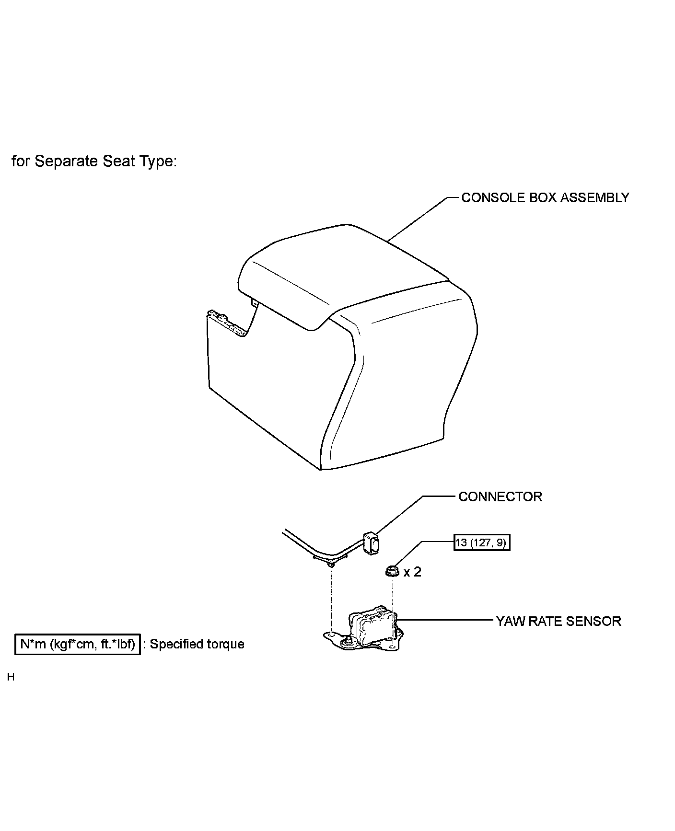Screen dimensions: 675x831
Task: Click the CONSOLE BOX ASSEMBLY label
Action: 545,198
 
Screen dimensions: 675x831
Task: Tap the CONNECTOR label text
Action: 500,496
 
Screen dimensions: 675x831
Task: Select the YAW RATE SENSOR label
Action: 558,621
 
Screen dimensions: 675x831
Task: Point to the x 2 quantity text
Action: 412,572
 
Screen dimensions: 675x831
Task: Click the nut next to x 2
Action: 392,571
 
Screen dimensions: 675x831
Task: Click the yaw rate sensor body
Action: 374,625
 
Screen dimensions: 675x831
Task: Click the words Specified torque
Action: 197,644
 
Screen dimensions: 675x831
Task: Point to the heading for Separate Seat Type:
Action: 94,162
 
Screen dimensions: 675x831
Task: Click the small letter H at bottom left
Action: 11,677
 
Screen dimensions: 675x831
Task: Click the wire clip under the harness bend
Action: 330,565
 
